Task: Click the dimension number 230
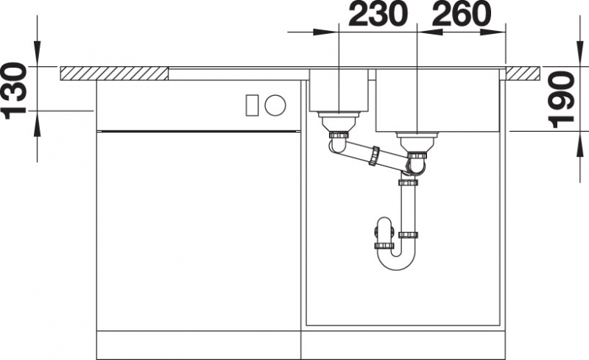coord(378,14)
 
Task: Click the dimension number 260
coord(462,14)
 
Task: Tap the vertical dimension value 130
coord(14,91)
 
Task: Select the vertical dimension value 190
coord(561,99)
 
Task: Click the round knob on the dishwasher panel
coord(275,105)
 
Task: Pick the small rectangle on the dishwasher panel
coord(252,105)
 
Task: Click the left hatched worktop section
coord(114,74)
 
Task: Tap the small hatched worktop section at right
coord(523,74)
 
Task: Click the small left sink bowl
coord(339,91)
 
